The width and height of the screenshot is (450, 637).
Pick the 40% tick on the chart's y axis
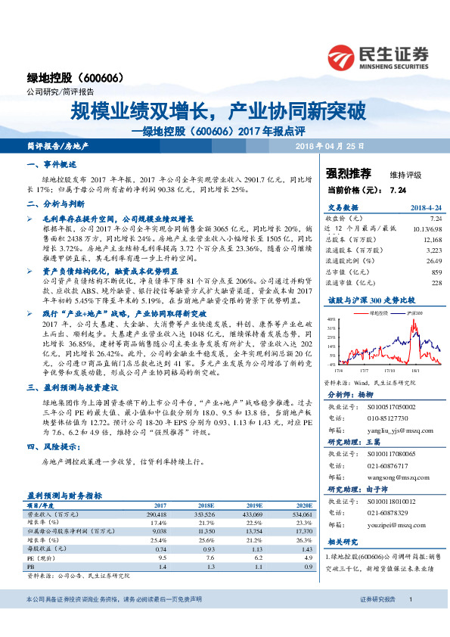point(331,318)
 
